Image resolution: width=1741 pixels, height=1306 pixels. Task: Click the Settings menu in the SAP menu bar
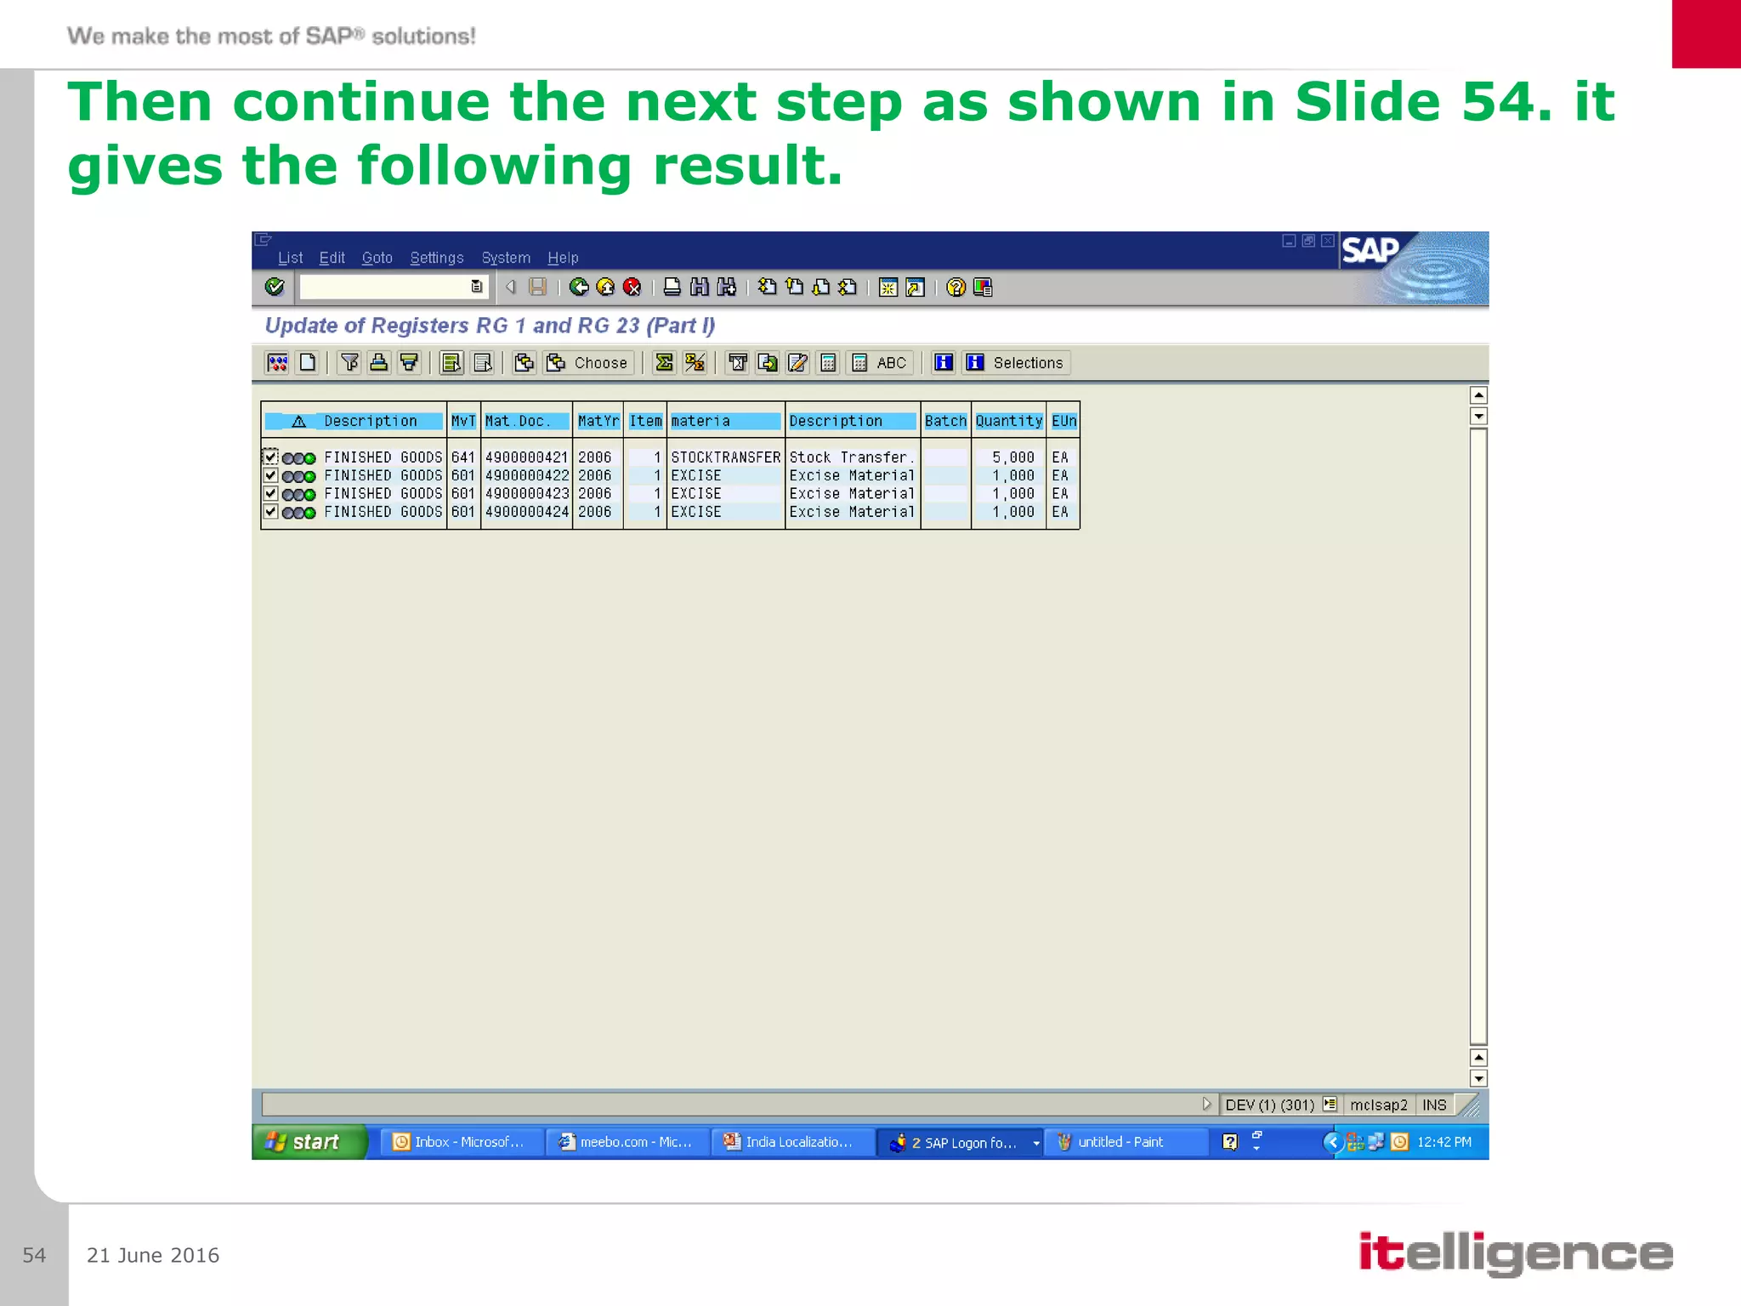pos(436,258)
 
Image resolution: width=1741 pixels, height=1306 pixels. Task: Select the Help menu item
pos(562,258)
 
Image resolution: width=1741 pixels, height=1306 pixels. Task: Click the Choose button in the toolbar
pos(588,363)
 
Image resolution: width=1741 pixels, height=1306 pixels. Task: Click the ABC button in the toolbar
pos(882,363)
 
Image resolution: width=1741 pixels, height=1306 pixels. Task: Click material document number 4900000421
pos(526,457)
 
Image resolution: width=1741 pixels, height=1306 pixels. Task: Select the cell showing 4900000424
pos(526,512)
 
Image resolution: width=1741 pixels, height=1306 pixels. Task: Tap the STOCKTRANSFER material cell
pos(725,457)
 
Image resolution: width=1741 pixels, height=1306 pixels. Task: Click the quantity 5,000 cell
pos(1012,457)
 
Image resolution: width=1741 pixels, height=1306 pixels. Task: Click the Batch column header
pos(945,421)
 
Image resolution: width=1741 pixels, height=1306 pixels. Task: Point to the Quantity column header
pos(1008,421)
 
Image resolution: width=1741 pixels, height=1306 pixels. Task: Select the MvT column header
pos(463,421)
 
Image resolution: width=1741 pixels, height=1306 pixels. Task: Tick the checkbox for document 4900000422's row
pos(270,475)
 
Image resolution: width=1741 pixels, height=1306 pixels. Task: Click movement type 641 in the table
pos(463,457)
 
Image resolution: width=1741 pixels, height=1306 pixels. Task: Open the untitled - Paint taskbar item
pos(1120,1142)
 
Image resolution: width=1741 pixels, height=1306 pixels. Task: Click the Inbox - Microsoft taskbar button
pos(460,1142)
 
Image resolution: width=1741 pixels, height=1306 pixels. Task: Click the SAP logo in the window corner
pos(1370,250)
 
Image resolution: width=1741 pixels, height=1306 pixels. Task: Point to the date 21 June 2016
pos(153,1255)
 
